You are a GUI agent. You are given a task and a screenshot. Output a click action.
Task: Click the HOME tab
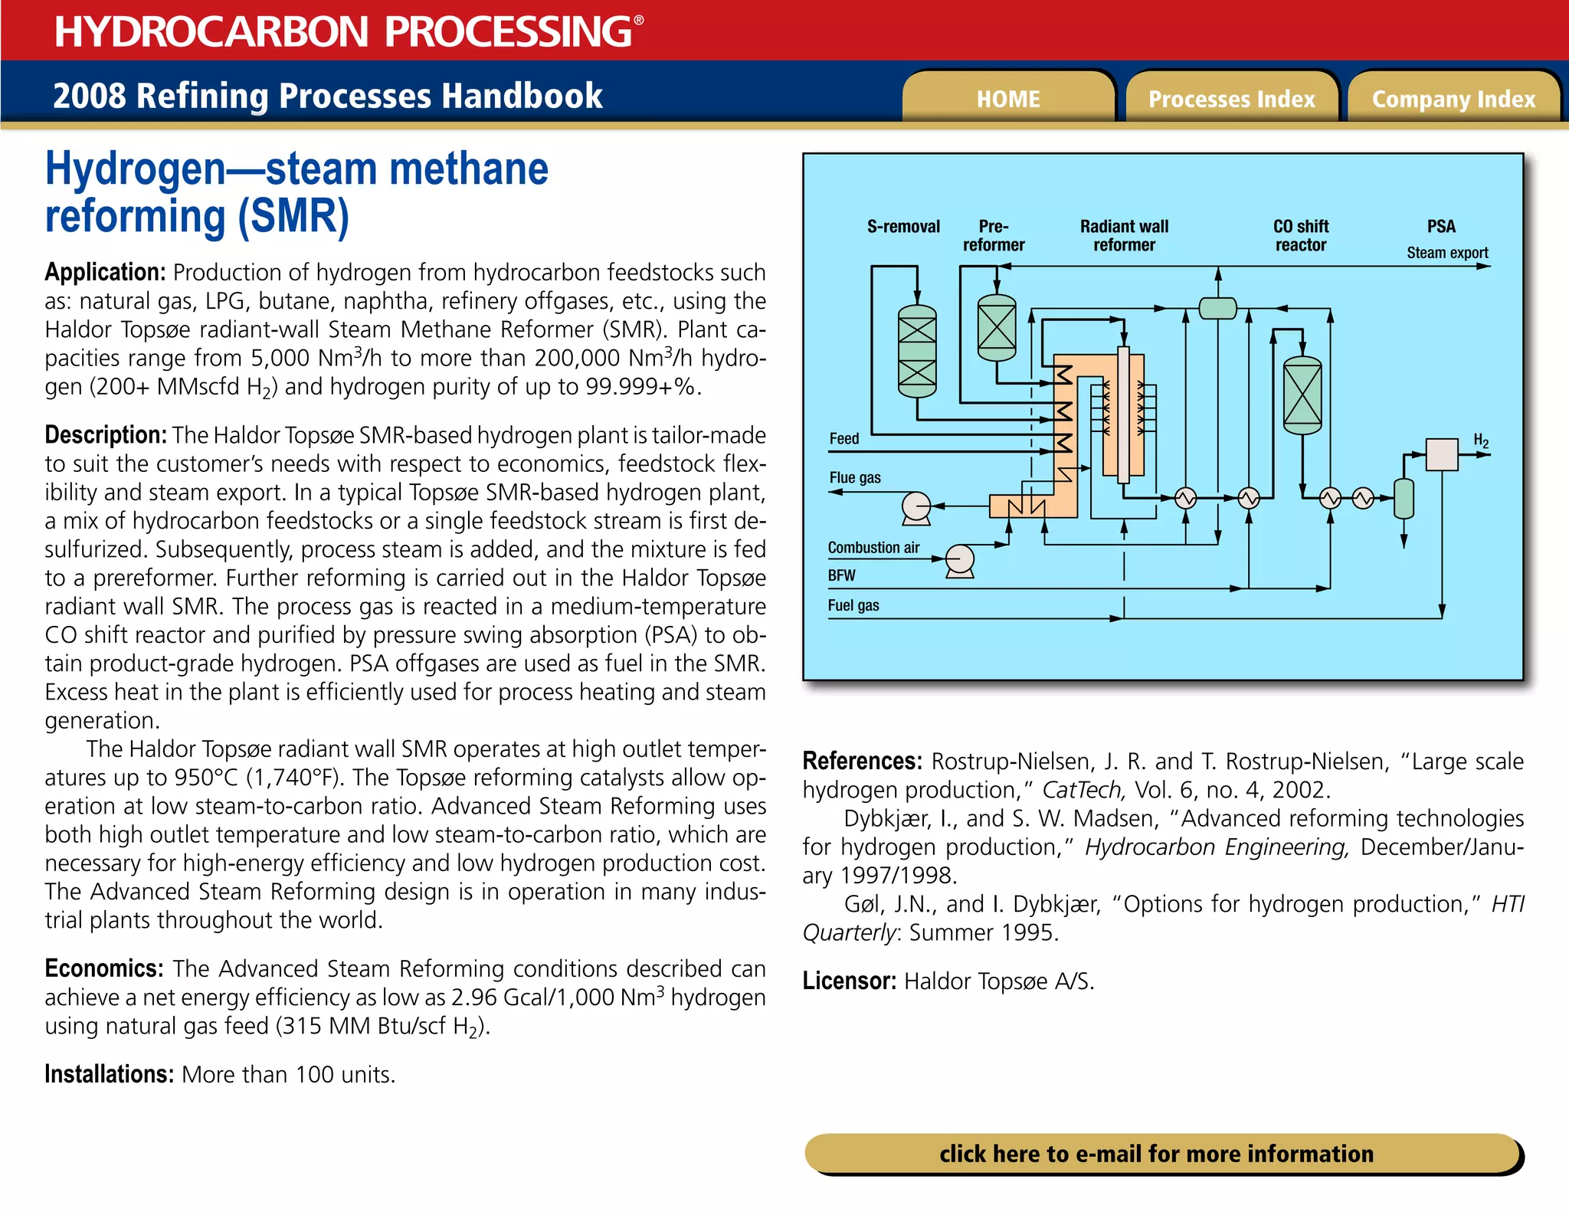point(1007,99)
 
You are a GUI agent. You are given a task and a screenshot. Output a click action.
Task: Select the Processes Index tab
point(1231,99)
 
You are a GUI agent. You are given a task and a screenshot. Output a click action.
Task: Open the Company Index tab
point(1453,99)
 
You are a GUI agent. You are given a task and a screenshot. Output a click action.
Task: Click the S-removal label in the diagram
point(903,227)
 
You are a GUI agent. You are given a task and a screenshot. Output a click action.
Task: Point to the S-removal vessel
point(917,352)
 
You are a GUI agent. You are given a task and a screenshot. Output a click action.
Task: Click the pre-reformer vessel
point(997,328)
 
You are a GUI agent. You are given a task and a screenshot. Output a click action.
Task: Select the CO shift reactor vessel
point(1302,395)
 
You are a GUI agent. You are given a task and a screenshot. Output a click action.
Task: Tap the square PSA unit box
point(1442,454)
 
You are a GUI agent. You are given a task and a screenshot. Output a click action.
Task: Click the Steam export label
point(1447,253)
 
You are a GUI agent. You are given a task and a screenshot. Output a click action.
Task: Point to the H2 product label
point(1481,441)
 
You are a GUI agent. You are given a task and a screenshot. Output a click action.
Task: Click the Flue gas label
point(855,478)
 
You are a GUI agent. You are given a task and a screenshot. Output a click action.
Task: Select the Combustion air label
point(873,548)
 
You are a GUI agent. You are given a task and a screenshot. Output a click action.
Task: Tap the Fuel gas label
point(853,605)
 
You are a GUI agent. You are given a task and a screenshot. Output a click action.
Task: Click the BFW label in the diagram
point(841,575)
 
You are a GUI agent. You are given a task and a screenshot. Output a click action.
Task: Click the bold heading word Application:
point(105,272)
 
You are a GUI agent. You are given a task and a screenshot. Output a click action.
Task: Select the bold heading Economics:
point(103,968)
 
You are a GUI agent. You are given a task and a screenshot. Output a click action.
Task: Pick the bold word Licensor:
point(849,981)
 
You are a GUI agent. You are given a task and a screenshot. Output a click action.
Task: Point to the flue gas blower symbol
point(916,507)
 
